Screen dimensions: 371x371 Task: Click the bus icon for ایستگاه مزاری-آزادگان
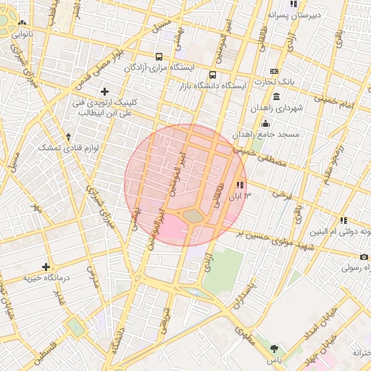[x=159, y=57]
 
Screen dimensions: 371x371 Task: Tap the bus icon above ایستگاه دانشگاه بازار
[x=212, y=75]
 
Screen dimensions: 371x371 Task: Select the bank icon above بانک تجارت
[x=274, y=71]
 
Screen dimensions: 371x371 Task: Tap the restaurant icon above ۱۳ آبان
[x=240, y=185]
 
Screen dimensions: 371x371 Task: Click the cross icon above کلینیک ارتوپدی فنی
[x=105, y=91]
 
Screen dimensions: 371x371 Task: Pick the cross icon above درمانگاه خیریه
[x=46, y=267]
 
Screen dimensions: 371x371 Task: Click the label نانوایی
[x=20, y=33]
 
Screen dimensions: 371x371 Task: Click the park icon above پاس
[x=273, y=349]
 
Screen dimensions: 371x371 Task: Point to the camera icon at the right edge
[x=365, y=257]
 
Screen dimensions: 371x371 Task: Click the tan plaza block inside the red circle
[x=193, y=215]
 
